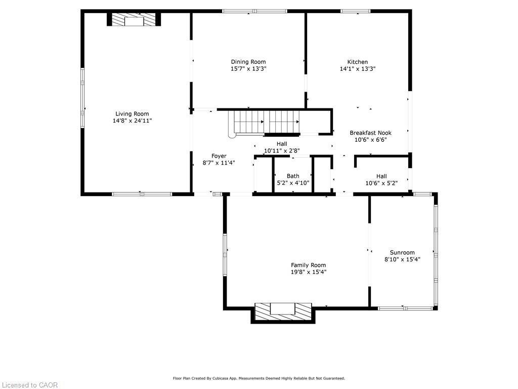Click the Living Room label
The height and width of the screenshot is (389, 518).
(132, 114)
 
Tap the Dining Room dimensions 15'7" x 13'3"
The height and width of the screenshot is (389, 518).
(248, 69)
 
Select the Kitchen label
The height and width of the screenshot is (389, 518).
(357, 62)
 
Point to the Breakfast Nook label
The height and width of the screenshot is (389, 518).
(370, 133)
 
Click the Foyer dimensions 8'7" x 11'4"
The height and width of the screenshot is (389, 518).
(219, 163)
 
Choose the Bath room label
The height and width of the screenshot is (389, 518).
(293, 176)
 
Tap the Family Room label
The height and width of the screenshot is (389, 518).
(308, 265)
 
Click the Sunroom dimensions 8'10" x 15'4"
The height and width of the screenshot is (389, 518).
(402, 259)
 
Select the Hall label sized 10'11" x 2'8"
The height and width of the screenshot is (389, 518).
(281, 144)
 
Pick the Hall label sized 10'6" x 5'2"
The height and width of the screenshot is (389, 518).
(381, 176)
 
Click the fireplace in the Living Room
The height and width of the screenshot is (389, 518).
(134, 20)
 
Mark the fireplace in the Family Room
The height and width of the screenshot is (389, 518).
(283, 310)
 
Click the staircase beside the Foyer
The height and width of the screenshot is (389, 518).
(264, 123)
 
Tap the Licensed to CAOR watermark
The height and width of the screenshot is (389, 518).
(29, 385)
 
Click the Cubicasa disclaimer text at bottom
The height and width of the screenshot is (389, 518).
(259, 378)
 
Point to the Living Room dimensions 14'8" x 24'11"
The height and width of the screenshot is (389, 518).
(132, 121)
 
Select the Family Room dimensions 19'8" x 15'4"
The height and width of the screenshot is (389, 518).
(308, 272)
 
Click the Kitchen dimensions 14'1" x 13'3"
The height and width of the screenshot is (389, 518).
(357, 69)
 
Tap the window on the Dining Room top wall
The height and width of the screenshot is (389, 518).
(254, 11)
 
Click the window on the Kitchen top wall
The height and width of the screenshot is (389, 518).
(355, 11)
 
